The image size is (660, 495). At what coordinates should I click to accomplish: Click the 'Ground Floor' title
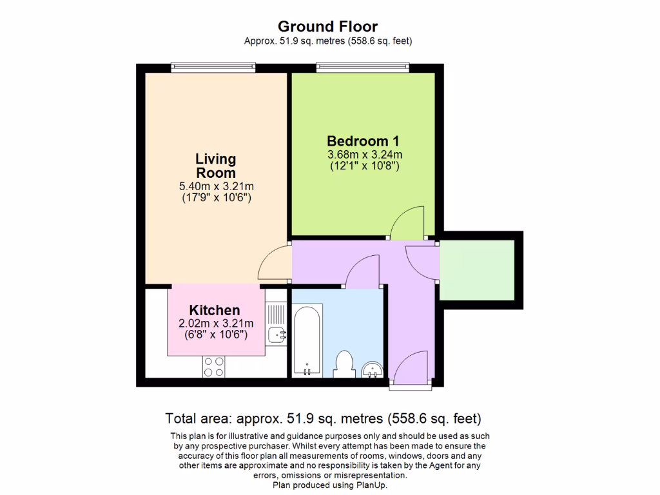pyautogui.click(x=327, y=26)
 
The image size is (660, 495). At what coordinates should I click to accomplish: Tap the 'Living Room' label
pyautogui.click(x=216, y=166)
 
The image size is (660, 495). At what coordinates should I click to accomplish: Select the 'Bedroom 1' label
pyautogui.click(x=364, y=141)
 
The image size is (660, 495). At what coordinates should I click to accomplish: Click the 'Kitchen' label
pyautogui.click(x=215, y=310)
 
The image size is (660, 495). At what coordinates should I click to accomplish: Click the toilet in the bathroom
pyautogui.click(x=344, y=364)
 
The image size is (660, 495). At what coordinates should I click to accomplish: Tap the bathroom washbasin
pyautogui.click(x=372, y=369)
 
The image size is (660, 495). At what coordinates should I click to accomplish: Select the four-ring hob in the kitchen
pyautogui.click(x=214, y=366)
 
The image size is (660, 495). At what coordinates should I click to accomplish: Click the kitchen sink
pyautogui.click(x=277, y=334)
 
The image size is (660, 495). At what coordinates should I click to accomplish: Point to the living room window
pyautogui.click(x=213, y=67)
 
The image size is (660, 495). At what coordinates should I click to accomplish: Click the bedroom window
pyautogui.click(x=362, y=67)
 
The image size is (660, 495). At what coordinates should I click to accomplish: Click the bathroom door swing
pyautogui.click(x=363, y=271)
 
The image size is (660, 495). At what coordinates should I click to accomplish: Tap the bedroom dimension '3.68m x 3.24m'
pyautogui.click(x=364, y=155)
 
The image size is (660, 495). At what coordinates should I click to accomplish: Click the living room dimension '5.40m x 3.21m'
pyautogui.click(x=216, y=186)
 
